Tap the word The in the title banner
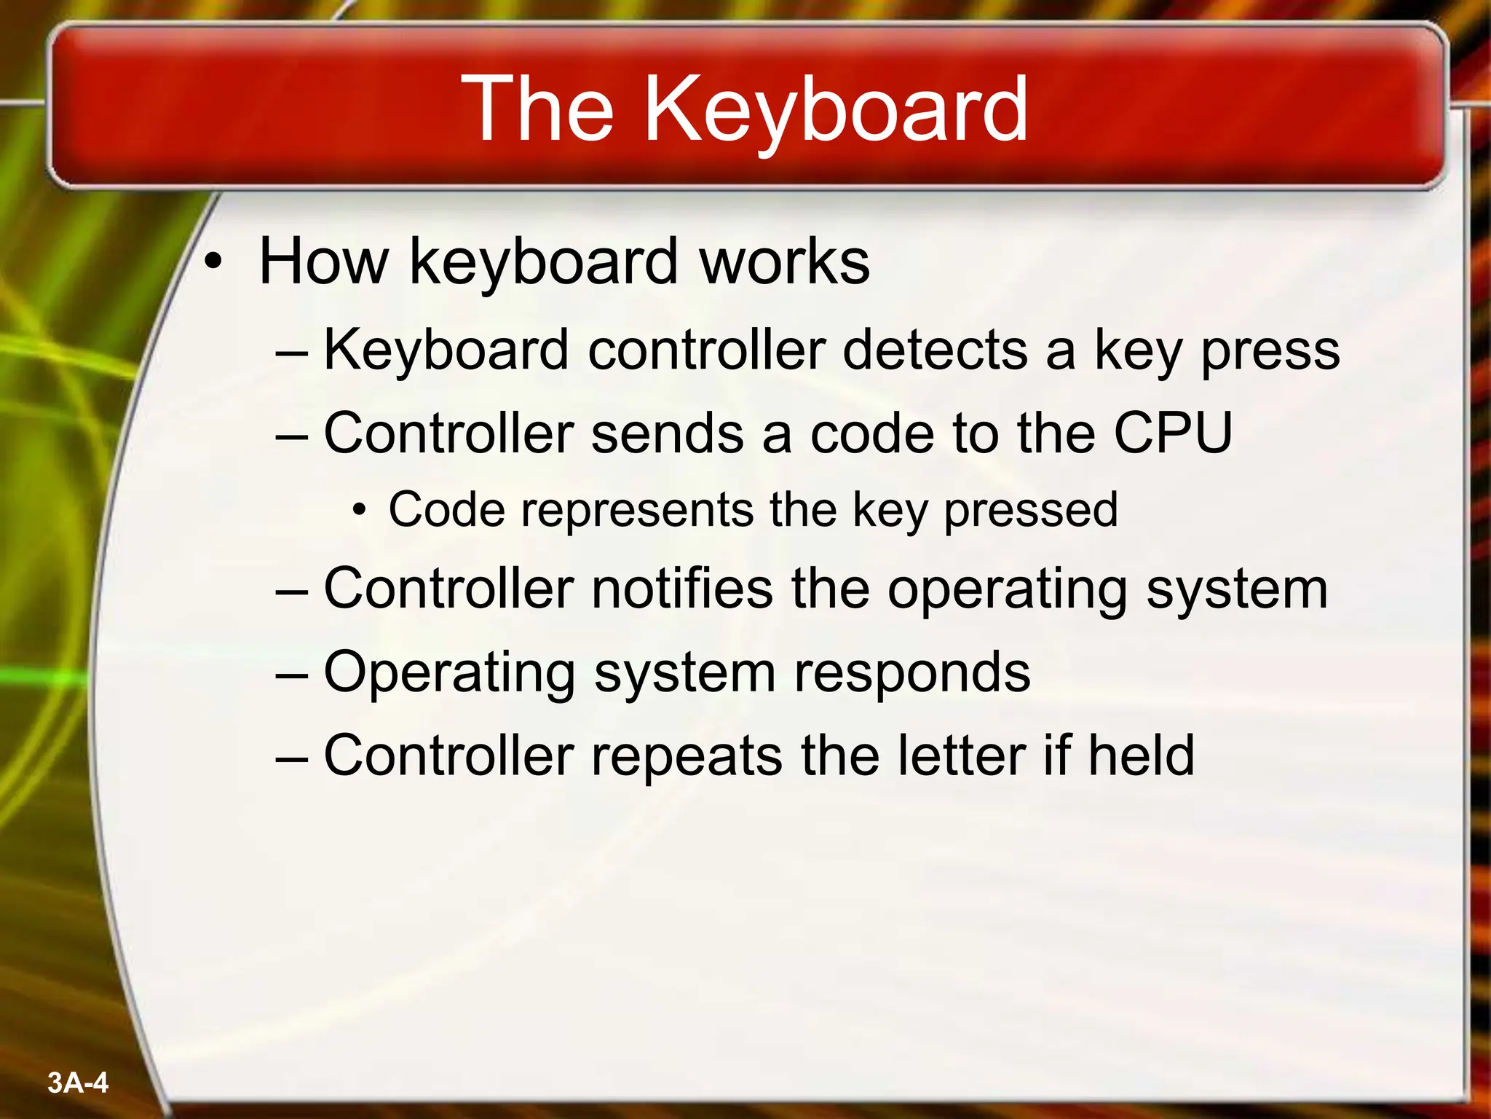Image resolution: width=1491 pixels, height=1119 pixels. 539,109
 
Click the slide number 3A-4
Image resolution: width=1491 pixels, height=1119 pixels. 77,1083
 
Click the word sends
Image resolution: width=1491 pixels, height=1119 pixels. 667,433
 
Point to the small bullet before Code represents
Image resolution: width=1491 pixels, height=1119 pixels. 358,511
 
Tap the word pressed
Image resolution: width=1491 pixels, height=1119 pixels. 1030,511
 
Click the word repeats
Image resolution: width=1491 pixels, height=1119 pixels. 687,755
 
